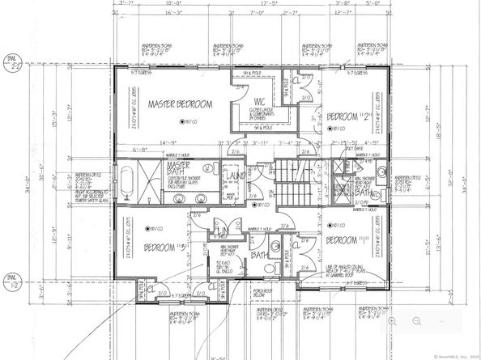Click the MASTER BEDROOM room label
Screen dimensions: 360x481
tap(179, 104)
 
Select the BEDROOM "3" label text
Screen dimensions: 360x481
tap(168, 245)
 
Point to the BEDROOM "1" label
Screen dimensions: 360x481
tap(347, 241)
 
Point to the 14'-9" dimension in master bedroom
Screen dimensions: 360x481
tap(168, 142)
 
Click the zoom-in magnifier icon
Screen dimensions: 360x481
tap(392, 321)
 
